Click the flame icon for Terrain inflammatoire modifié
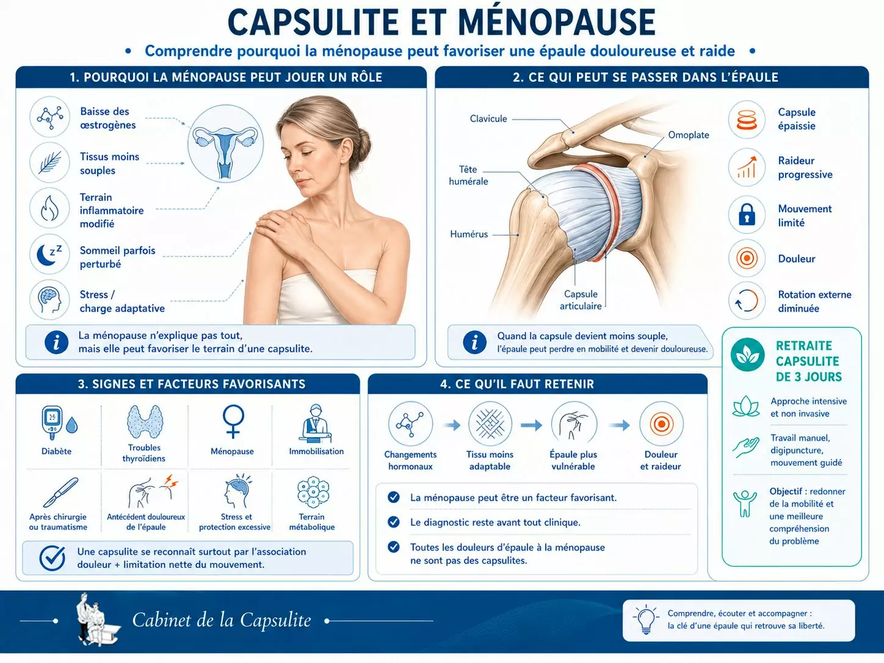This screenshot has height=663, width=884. (50, 209)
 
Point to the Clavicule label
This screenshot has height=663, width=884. (488, 119)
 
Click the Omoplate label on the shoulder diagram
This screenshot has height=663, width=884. (688, 135)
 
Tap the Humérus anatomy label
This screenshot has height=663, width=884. (469, 234)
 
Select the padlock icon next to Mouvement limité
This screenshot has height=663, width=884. (747, 214)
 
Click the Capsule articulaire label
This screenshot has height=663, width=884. (581, 300)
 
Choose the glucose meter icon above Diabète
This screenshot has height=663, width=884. (53, 422)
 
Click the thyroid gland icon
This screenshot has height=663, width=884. (145, 421)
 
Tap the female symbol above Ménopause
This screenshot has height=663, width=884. (233, 421)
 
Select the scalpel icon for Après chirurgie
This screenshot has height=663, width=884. (60, 492)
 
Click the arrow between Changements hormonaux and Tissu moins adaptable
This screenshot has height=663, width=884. (452, 425)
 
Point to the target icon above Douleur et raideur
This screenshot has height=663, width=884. (661, 424)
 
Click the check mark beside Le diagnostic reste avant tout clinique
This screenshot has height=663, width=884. (394, 522)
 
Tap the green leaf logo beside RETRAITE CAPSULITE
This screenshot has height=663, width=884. (747, 355)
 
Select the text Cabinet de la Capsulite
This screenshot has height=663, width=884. (222, 620)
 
